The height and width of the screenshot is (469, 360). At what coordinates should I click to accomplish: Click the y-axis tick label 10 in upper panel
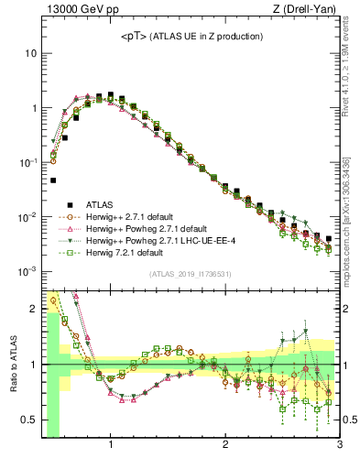[31, 53]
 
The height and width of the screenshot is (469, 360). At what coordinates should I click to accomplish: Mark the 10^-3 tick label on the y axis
[28, 271]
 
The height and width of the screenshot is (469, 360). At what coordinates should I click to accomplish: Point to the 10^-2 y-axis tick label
[28, 217]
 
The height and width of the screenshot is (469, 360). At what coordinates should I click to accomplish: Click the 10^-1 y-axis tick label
[28, 162]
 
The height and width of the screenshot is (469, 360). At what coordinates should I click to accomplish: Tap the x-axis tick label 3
[339, 446]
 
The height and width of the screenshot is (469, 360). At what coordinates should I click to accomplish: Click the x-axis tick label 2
[225, 446]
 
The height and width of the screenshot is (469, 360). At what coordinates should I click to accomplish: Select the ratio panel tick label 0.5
[28, 420]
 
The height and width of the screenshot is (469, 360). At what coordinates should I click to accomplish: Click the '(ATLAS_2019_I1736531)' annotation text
[191, 275]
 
